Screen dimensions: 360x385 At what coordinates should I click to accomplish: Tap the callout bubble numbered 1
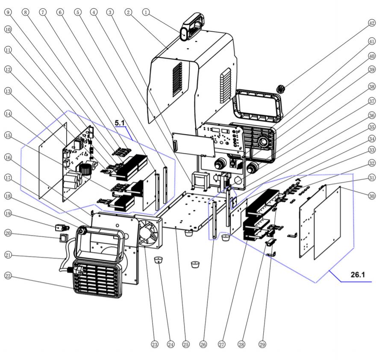coord(147,12)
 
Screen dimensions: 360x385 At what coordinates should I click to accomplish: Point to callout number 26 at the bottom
coord(203,344)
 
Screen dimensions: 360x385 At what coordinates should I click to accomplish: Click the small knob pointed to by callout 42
coord(280,89)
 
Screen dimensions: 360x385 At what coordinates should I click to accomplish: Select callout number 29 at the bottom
coord(262,344)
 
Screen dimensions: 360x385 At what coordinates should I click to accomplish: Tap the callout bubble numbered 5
coord(77,12)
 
